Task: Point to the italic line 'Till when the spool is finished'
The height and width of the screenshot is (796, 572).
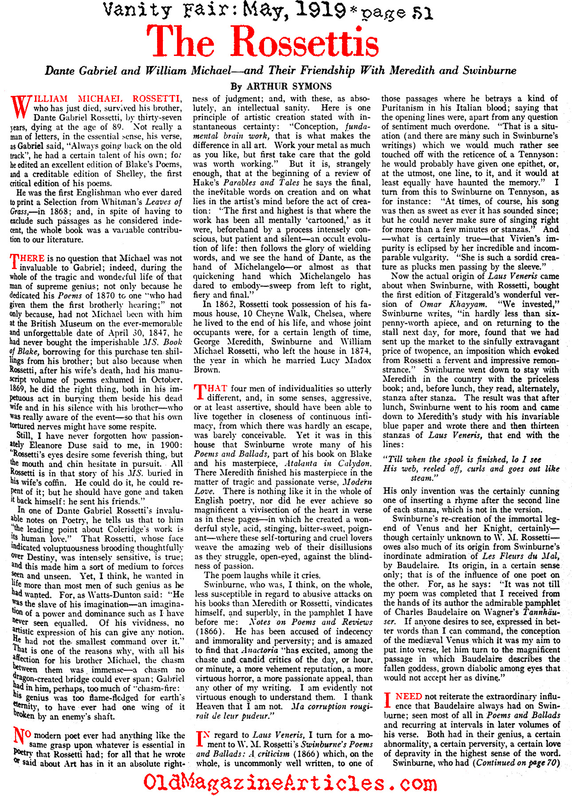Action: coord(462,459)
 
